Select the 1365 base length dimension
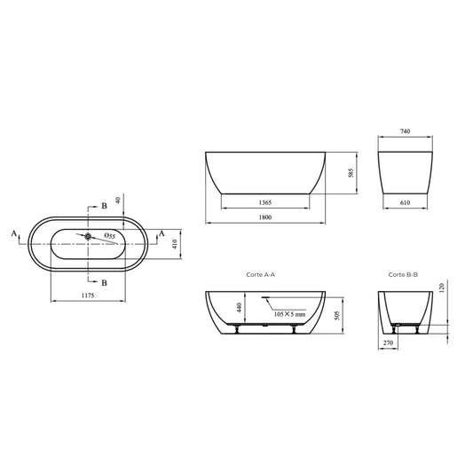pos(264,202)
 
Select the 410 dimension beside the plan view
pos(176,242)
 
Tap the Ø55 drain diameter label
pos(109,236)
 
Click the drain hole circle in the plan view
pos(90,235)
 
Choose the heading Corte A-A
pos(261,275)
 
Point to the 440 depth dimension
pos(239,308)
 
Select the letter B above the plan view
pos(105,206)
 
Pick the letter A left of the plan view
pos(14,233)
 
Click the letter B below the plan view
pos(105,282)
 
